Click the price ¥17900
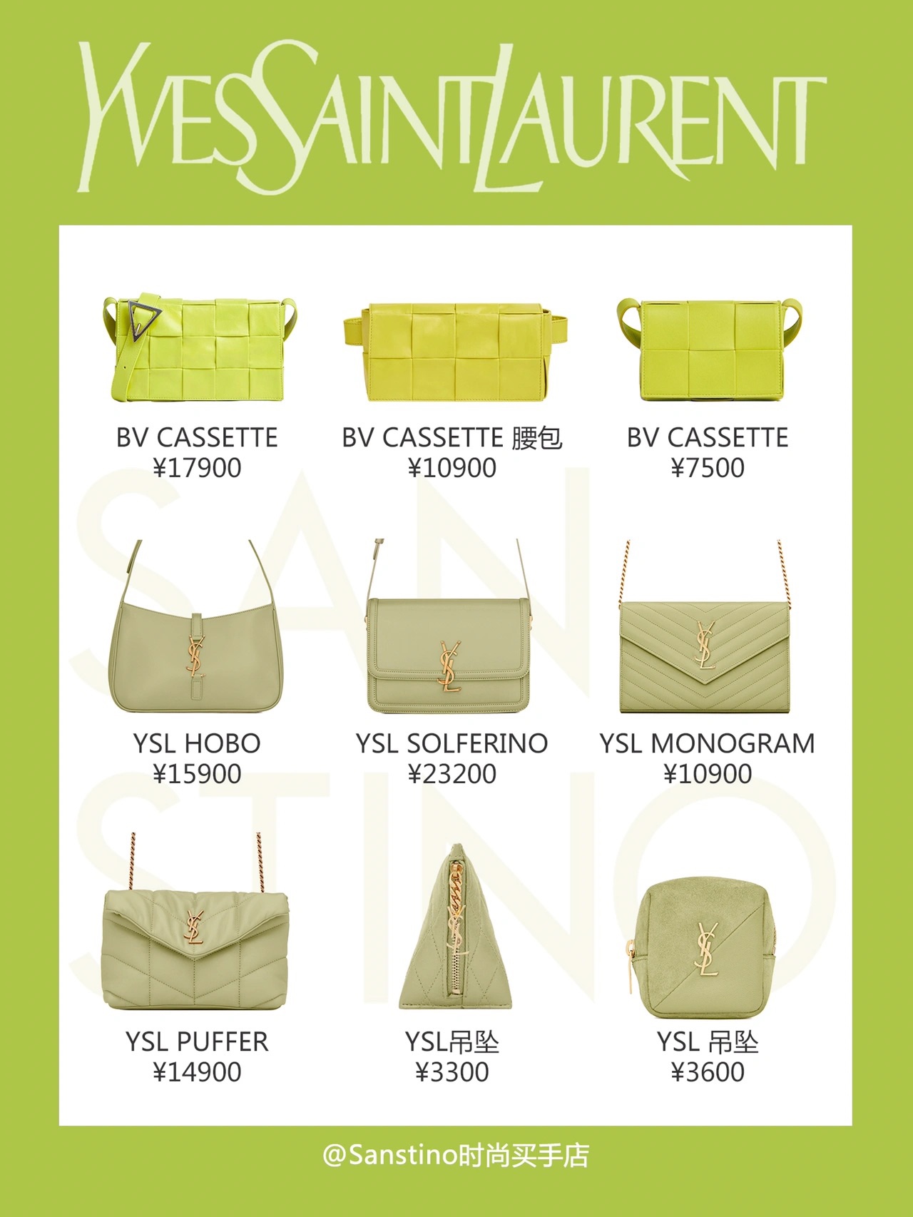(x=197, y=468)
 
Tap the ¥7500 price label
(x=708, y=468)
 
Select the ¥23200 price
(x=452, y=774)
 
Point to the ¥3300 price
(x=452, y=1072)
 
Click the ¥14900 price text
(x=197, y=1072)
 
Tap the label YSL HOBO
(x=197, y=743)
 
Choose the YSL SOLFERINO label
(x=452, y=743)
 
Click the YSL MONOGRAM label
(x=708, y=743)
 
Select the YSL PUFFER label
(x=197, y=1042)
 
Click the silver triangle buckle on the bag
(x=143, y=317)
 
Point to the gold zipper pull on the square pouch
(x=631, y=967)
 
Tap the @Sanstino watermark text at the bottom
(x=456, y=1155)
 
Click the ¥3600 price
(x=708, y=1072)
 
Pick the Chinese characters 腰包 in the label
(x=537, y=438)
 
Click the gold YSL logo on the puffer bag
(x=194, y=927)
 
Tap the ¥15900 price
(x=197, y=774)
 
